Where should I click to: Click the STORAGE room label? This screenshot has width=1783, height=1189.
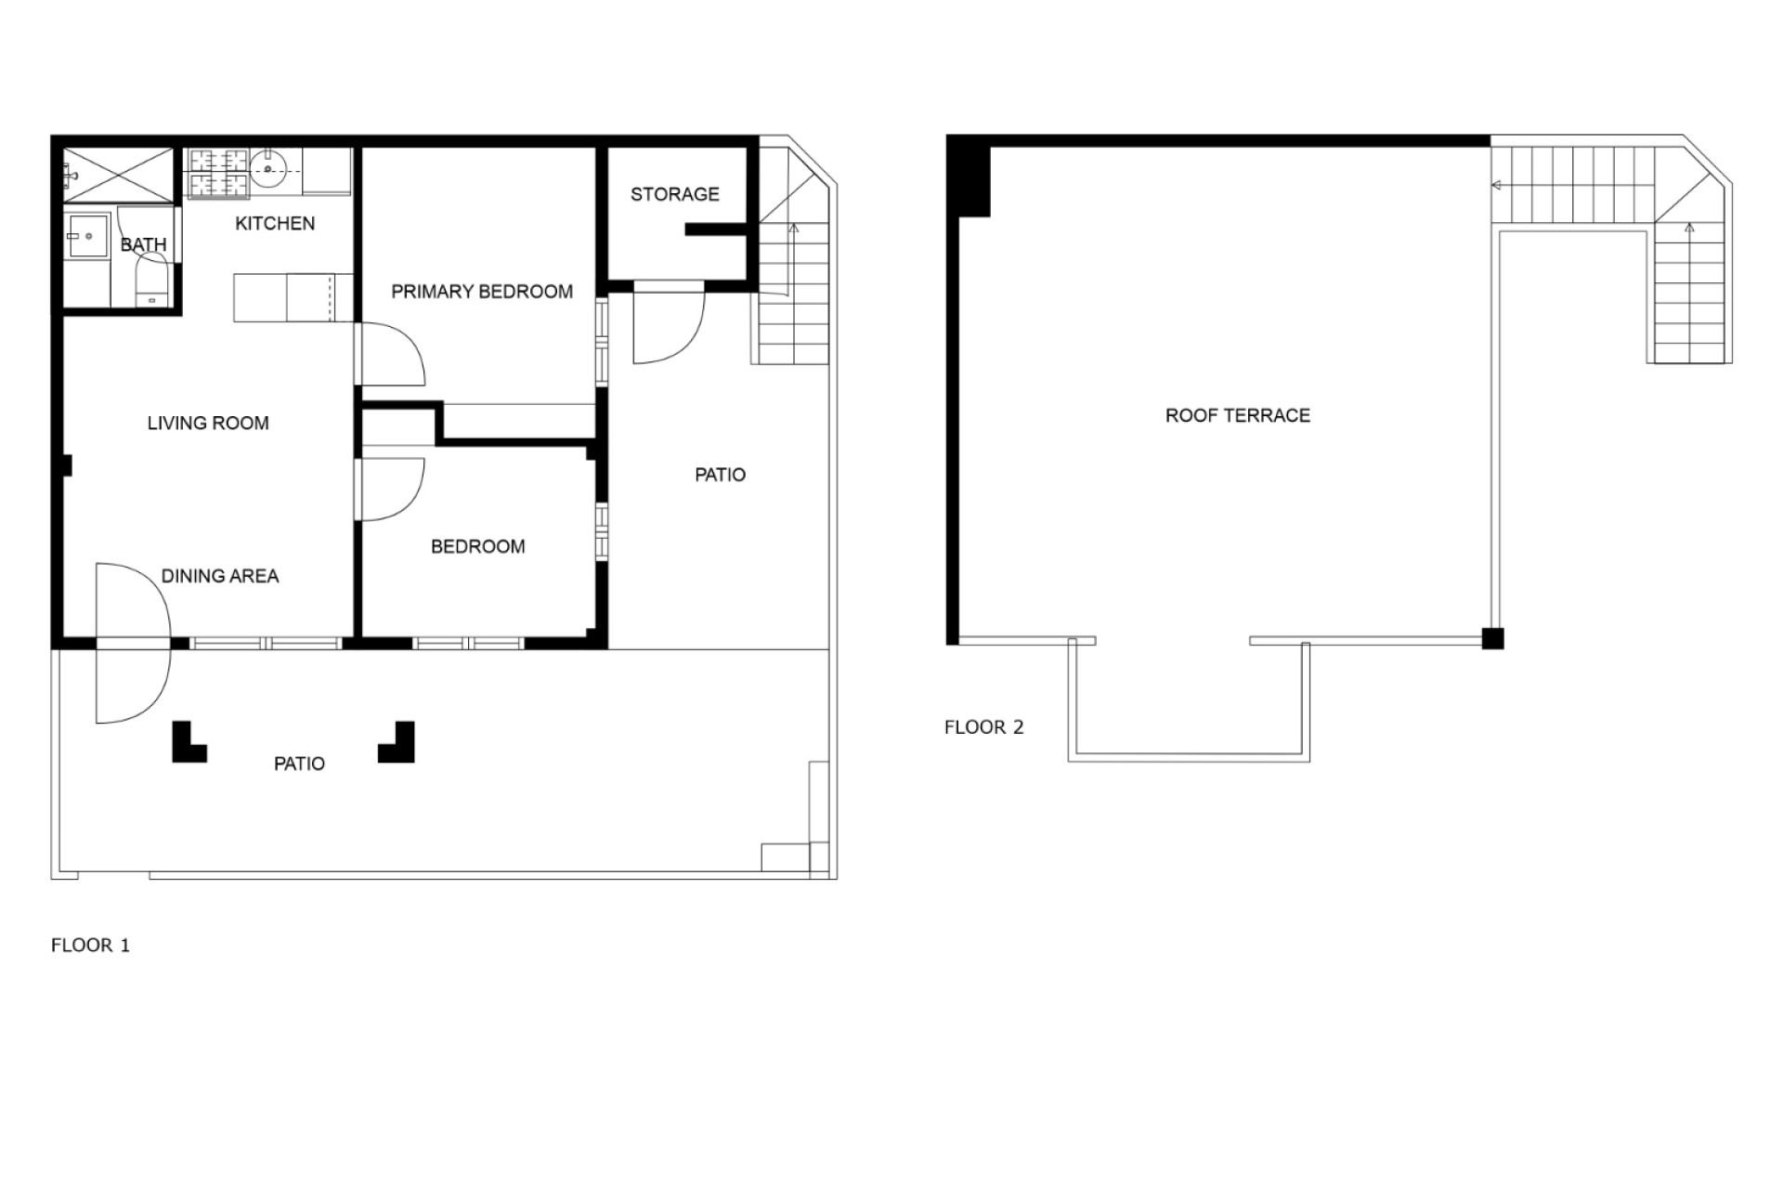point(675,194)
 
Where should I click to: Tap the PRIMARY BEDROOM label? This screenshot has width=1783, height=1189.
point(482,292)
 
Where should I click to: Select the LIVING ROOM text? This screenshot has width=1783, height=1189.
point(208,424)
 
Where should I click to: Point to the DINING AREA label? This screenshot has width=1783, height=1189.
point(220,576)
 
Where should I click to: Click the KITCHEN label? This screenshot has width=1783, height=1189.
point(275,223)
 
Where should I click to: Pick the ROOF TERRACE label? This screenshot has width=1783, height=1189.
point(1238,415)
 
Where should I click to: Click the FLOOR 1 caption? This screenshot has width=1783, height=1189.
point(90,946)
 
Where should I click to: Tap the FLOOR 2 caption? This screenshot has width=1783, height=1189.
point(984,727)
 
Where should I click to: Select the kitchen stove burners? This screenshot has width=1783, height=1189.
point(219,174)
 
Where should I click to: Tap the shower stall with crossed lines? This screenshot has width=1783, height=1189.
point(118,174)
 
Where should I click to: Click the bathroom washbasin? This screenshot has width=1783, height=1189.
point(88,237)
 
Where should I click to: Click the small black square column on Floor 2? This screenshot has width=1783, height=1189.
point(1492,638)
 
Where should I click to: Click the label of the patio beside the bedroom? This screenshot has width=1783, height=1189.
point(721,476)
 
